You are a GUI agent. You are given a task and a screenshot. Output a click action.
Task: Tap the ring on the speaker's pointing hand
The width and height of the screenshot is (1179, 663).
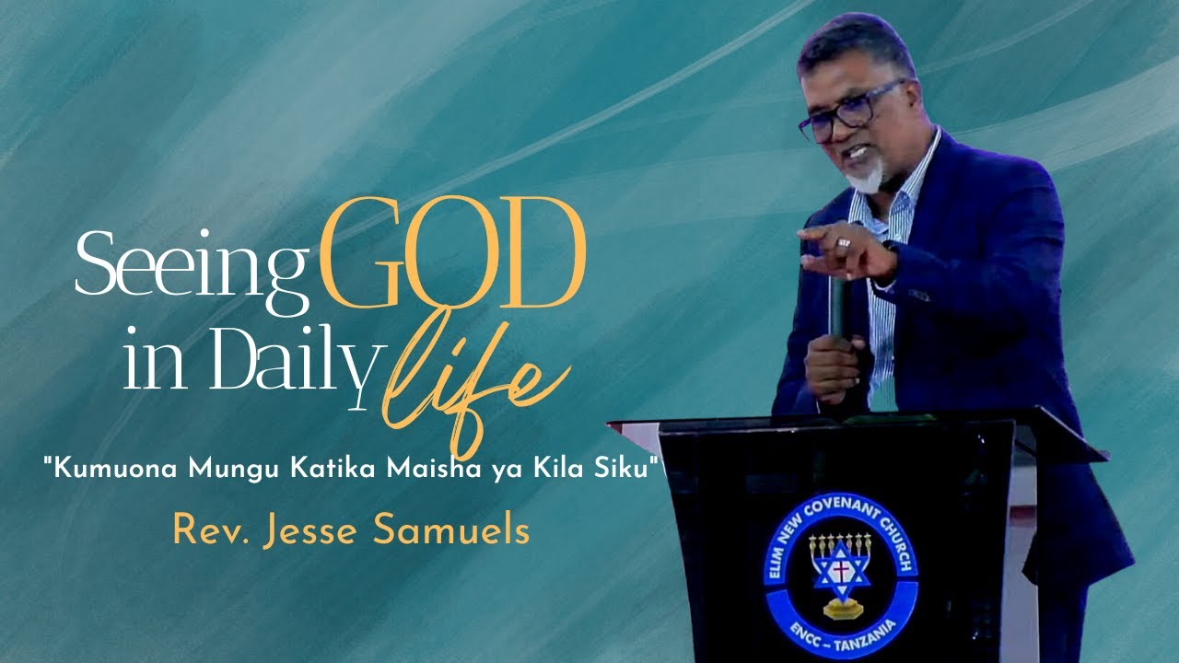click(844, 243)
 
